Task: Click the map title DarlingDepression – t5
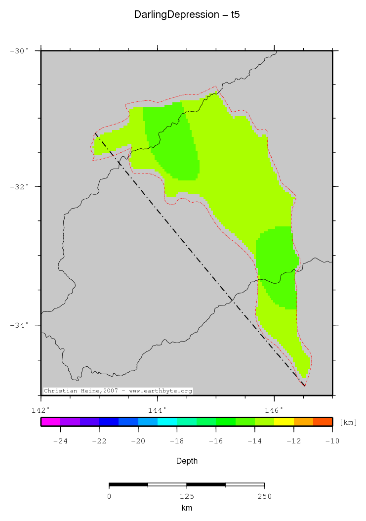pos(187,15)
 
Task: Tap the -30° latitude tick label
pos(20,50)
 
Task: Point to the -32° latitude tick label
pos(20,186)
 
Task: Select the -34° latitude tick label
pos(20,325)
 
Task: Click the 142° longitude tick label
pos(41,410)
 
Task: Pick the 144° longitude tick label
pos(157,410)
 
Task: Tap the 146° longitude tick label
pos(274,410)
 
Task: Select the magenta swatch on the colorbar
pos(50,422)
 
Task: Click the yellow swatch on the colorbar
pos(284,422)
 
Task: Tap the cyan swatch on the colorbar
pos(167,422)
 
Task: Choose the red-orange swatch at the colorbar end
pos(323,422)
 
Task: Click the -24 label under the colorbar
pos(60,441)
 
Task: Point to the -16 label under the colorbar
pos(216,441)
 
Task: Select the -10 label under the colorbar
pos(332,441)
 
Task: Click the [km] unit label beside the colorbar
pos(348,422)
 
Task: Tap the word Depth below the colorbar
pos(187,461)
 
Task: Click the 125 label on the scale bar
pos(187,496)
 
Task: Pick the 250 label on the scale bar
pos(264,496)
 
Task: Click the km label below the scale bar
pos(187,508)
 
